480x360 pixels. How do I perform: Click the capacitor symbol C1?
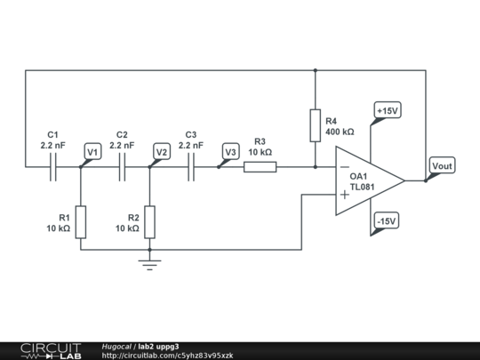(x=53, y=166)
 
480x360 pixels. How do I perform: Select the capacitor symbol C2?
(x=122, y=166)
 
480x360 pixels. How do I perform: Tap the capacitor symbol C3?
(x=191, y=166)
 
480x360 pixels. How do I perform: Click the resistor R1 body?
(x=80, y=221)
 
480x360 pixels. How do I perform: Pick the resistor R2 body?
(x=149, y=221)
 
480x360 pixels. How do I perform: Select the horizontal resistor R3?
(x=260, y=166)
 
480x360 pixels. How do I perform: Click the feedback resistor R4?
(x=316, y=125)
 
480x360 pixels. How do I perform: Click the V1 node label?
(x=92, y=152)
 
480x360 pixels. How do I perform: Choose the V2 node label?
(x=161, y=152)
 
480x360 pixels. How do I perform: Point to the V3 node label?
(x=230, y=152)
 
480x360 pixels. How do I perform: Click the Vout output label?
(x=442, y=166)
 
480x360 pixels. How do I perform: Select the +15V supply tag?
(x=388, y=111)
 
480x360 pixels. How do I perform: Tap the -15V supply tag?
(x=386, y=221)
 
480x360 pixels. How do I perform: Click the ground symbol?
(x=149, y=262)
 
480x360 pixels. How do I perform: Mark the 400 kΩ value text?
(x=340, y=132)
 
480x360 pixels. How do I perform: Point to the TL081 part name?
(x=361, y=188)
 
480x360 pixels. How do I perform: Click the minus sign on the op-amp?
(x=344, y=166)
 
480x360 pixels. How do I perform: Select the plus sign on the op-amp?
(x=344, y=195)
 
